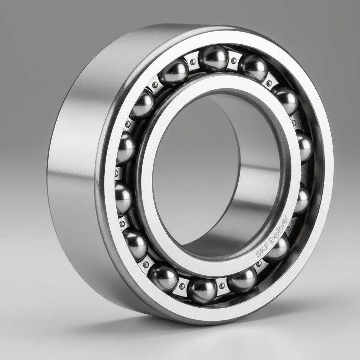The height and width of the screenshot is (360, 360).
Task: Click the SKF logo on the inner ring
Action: (x=262, y=250)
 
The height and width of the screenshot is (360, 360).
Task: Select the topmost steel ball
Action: (x=213, y=58)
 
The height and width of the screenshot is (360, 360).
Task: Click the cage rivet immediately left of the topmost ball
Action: (x=193, y=62)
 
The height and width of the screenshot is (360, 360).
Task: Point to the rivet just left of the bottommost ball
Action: (x=182, y=286)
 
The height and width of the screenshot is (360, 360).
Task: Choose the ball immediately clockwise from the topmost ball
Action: (x=253, y=67)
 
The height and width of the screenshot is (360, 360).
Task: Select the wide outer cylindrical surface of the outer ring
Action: (x=74, y=176)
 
